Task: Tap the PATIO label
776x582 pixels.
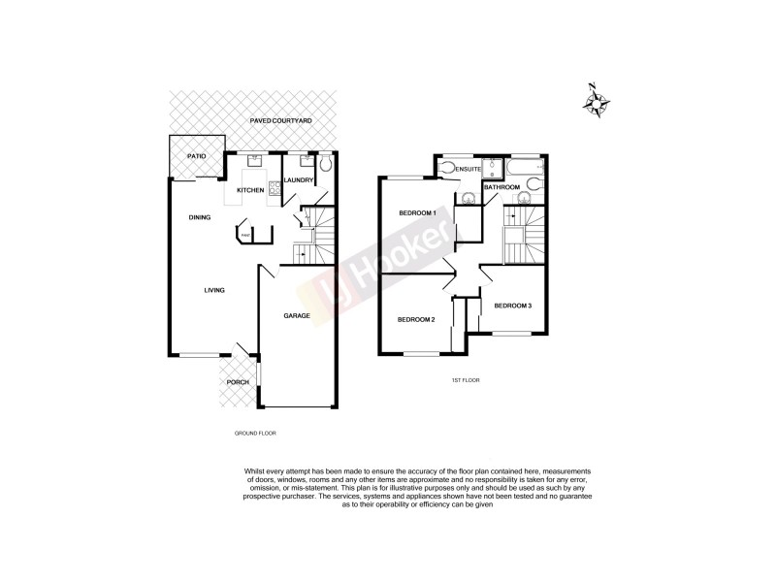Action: tap(196, 155)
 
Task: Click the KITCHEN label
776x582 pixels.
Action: tap(250, 190)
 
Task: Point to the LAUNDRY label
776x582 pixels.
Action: tap(298, 179)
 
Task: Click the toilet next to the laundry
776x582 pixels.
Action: tap(325, 166)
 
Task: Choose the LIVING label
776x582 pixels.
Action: tap(215, 289)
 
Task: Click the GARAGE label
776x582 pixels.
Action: tap(296, 316)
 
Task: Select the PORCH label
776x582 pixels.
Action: tap(238, 382)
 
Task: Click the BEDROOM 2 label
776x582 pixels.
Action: tap(415, 319)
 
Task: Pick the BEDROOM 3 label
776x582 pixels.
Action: tap(512, 307)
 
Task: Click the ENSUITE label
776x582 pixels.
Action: tap(470, 171)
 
